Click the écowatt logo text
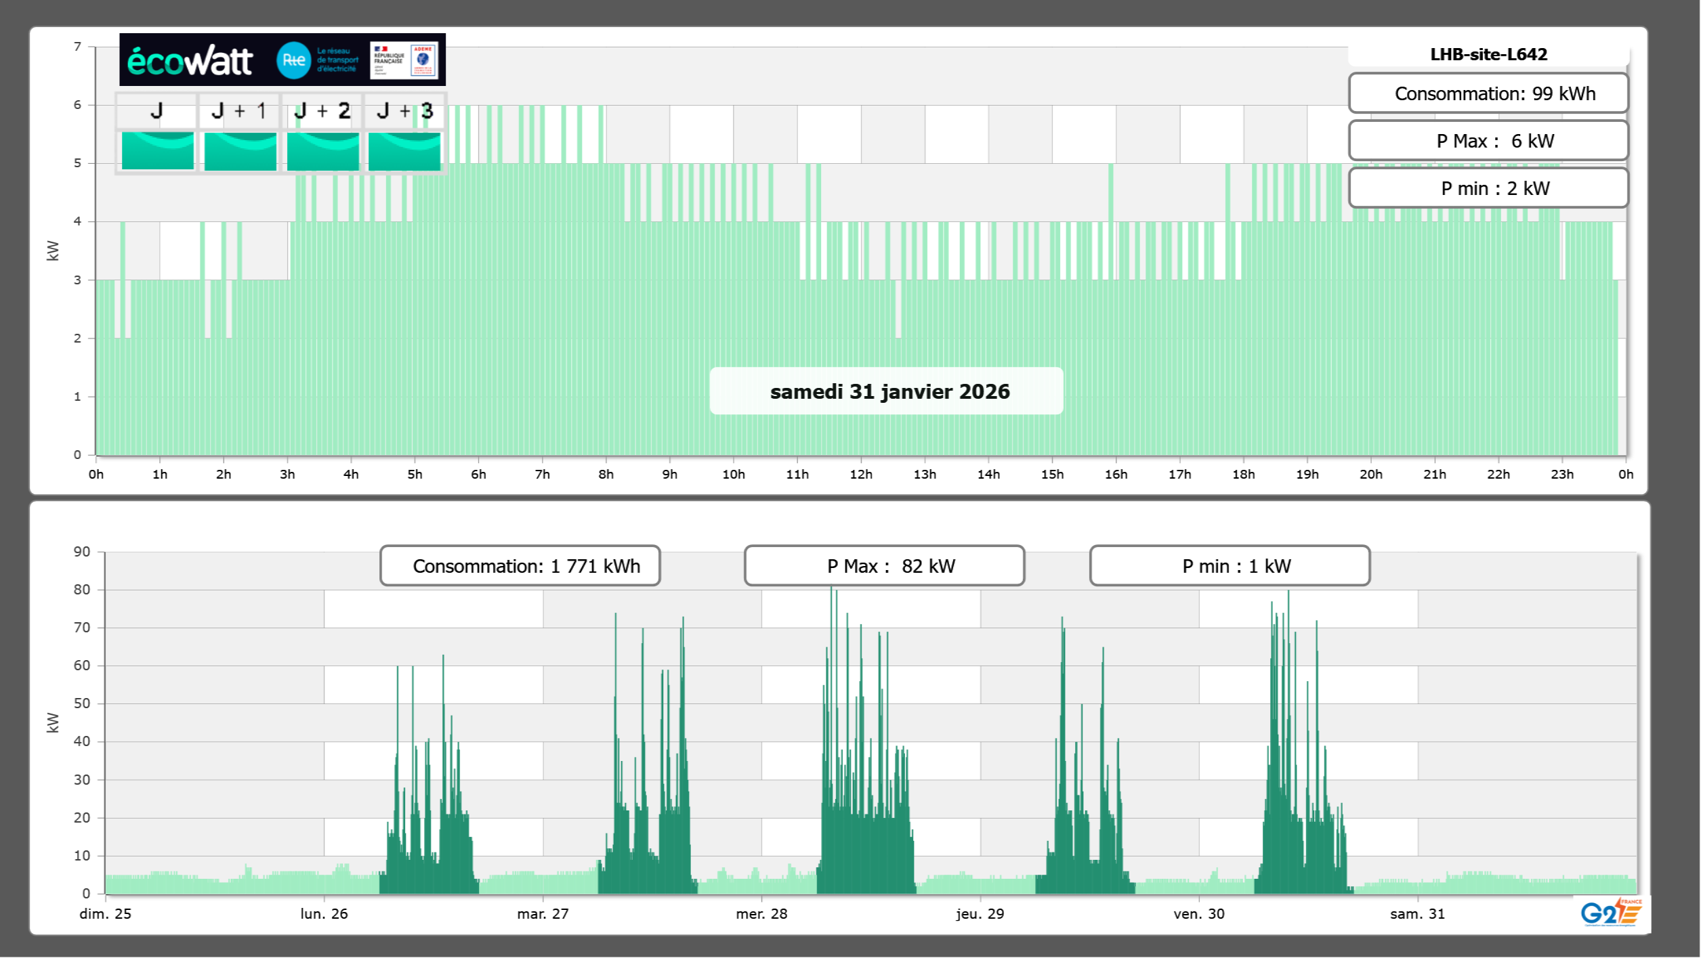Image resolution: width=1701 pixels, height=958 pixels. pyautogui.click(x=190, y=61)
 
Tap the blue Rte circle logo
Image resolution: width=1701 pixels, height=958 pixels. pyautogui.click(x=293, y=60)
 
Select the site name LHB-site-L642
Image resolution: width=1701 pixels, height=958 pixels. pyautogui.click(x=1488, y=54)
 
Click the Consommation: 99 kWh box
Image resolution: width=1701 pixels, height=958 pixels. pyautogui.click(x=1488, y=93)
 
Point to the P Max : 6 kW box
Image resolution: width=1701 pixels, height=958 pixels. pyautogui.click(x=1488, y=141)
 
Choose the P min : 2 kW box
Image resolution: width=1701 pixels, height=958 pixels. pyautogui.click(x=1488, y=188)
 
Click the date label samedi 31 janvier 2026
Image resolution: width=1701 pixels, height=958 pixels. pyautogui.click(x=889, y=391)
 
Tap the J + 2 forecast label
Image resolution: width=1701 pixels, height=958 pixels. pyautogui.click(x=322, y=111)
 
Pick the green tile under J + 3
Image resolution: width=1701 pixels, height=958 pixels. pyautogui.click(x=404, y=151)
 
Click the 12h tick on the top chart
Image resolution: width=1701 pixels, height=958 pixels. pyautogui.click(x=861, y=474)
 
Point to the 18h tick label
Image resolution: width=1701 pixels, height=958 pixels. pyautogui.click(x=1243, y=474)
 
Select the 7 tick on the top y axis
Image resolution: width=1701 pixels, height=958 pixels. pyautogui.click(x=78, y=47)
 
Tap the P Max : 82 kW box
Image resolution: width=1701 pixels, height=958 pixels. pyautogui.click(x=884, y=566)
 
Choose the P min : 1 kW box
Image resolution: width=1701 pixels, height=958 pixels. pyautogui.click(x=1230, y=566)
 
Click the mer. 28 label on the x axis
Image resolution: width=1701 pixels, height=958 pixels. pyautogui.click(x=761, y=913)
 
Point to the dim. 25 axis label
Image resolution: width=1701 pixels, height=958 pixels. pyautogui.click(x=106, y=913)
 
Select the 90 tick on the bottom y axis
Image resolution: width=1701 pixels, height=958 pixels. pyautogui.click(x=82, y=552)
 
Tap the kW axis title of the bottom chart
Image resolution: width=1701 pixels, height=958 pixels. pyautogui.click(x=53, y=722)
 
